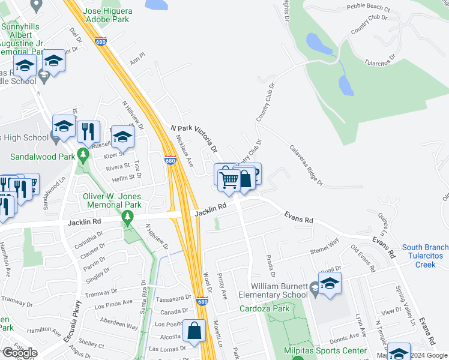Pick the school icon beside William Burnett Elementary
tap(329, 284)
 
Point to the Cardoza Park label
tap(264, 309)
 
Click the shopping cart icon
tap(229, 179)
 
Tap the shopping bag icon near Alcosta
tap(196, 331)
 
